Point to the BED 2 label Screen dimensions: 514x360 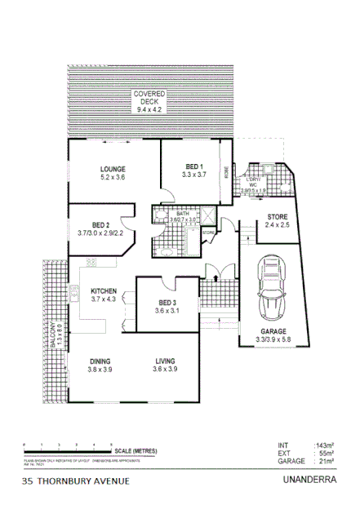[x=100, y=224]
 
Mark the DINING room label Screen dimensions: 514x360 [x=100, y=360]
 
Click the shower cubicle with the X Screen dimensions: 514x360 [x=208, y=215]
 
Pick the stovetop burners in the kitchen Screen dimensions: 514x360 [x=91, y=263]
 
